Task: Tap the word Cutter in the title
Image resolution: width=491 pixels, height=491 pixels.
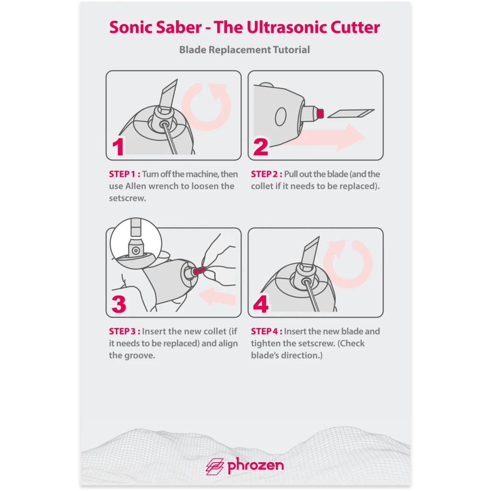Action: point(355,27)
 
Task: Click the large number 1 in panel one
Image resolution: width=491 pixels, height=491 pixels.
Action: point(118,147)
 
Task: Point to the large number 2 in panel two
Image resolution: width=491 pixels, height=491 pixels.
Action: point(260,147)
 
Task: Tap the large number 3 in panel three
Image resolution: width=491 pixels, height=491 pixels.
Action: point(119,304)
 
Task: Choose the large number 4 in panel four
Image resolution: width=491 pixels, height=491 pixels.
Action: point(261,304)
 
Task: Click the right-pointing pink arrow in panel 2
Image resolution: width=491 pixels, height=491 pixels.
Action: point(326,138)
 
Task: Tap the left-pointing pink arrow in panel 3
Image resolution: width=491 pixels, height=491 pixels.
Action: point(217,297)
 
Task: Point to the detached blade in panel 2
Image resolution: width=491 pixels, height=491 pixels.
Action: point(351,113)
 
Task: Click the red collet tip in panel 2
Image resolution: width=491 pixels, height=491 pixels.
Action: point(320,113)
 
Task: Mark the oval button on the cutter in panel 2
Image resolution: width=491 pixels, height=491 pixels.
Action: point(281,117)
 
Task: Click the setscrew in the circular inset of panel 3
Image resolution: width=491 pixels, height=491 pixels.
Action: point(136,250)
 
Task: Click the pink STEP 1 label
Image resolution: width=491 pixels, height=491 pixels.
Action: point(124,174)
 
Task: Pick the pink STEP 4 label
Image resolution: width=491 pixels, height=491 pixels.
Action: point(267,331)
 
